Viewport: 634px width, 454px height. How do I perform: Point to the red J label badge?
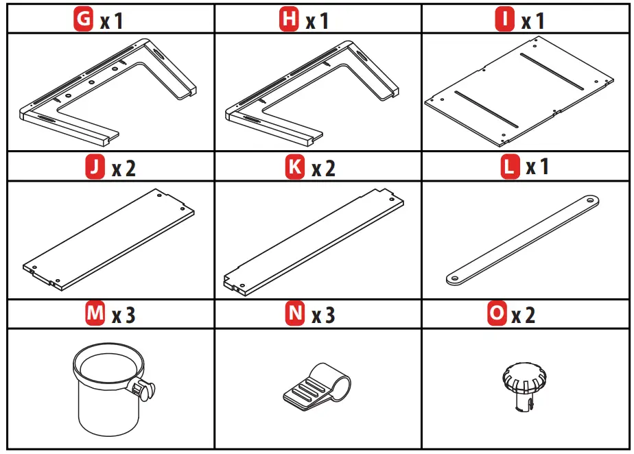click(x=94, y=168)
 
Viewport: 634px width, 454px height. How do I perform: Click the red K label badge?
click(x=294, y=168)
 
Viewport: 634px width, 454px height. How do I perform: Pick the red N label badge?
click(x=294, y=315)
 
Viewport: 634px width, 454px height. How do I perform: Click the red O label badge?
click(x=496, y=315)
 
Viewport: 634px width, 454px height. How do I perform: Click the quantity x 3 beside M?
click(x=124, y=315)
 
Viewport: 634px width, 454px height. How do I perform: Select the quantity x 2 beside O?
click(x=524, y=315)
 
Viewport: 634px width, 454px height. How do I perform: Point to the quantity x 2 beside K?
click(x=323, y=169)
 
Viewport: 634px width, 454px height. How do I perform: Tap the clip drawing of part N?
click(x=316, y=387)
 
